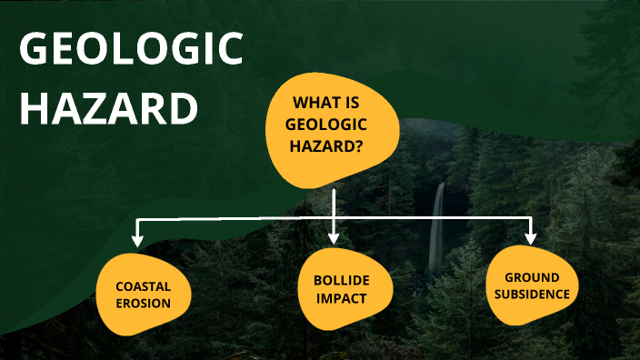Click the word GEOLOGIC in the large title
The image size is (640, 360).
(x=132, y=51)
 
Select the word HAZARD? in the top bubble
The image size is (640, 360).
(x=332, y=145)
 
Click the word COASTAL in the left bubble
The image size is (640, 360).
(x=144, y=286)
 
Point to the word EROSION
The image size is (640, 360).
(x=144, y=303)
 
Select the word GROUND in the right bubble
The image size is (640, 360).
(x=532, y=276)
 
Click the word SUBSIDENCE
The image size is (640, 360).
(x=532, y=294)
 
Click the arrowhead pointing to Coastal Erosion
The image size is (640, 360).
(x=138, y=241)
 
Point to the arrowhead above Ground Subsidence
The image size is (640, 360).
(x=531, y=238)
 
